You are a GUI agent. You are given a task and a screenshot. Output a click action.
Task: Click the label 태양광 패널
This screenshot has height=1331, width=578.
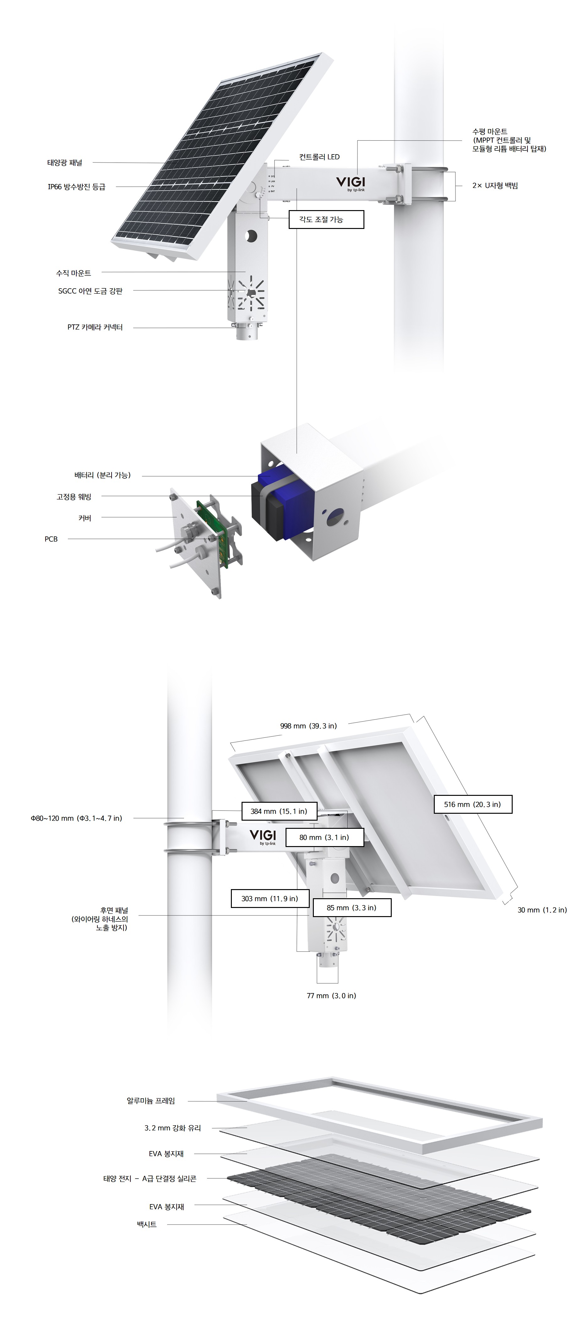pos(65,163)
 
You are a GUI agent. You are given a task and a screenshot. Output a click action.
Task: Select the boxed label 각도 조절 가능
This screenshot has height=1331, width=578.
pos(326,220)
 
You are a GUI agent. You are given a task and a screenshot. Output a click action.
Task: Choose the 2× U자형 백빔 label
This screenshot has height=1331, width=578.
pos(495,186)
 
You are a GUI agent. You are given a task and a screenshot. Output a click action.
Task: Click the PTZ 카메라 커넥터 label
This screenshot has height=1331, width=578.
pos(95,327)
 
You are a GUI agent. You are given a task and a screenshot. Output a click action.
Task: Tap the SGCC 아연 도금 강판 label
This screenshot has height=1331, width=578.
pos(90,291)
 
